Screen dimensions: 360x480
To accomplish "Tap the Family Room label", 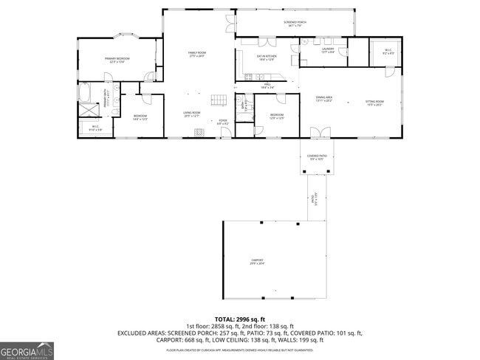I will coord(196,55).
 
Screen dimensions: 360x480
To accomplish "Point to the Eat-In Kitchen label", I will coord(266,58).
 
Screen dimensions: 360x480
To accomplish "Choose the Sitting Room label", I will coord(374,103).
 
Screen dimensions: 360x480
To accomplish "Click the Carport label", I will coord(256,262).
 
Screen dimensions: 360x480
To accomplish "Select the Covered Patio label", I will coord(318,157).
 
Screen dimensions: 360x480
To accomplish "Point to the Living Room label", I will coord(192,114).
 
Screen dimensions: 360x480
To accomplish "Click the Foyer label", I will coord(222,122).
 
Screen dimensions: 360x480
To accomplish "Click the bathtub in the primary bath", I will coord(83,93).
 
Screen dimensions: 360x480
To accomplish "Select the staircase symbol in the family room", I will coord(218,100).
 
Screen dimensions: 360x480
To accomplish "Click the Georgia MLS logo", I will coord(27,350).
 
